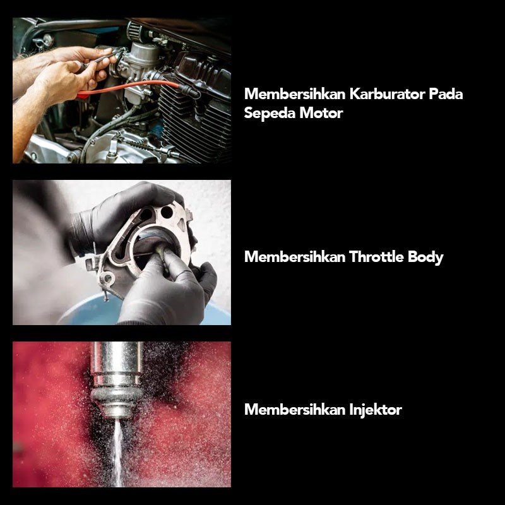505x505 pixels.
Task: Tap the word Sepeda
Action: (x=270, y=114)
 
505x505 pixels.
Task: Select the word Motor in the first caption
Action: (x=321, y=113)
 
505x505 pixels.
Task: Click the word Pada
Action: (x=446, y=94)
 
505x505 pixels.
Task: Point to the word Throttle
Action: (x=376, y=257)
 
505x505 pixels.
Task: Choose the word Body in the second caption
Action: (x=425, y=258)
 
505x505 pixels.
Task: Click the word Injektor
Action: (x=376, y=410)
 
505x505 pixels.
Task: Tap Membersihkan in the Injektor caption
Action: (x=295, y=410)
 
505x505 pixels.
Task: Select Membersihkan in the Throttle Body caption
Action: (x=295, y=257)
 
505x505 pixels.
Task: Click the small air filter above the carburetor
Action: (x=135, y=31)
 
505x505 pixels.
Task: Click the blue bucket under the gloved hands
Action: (x=97, y=311)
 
